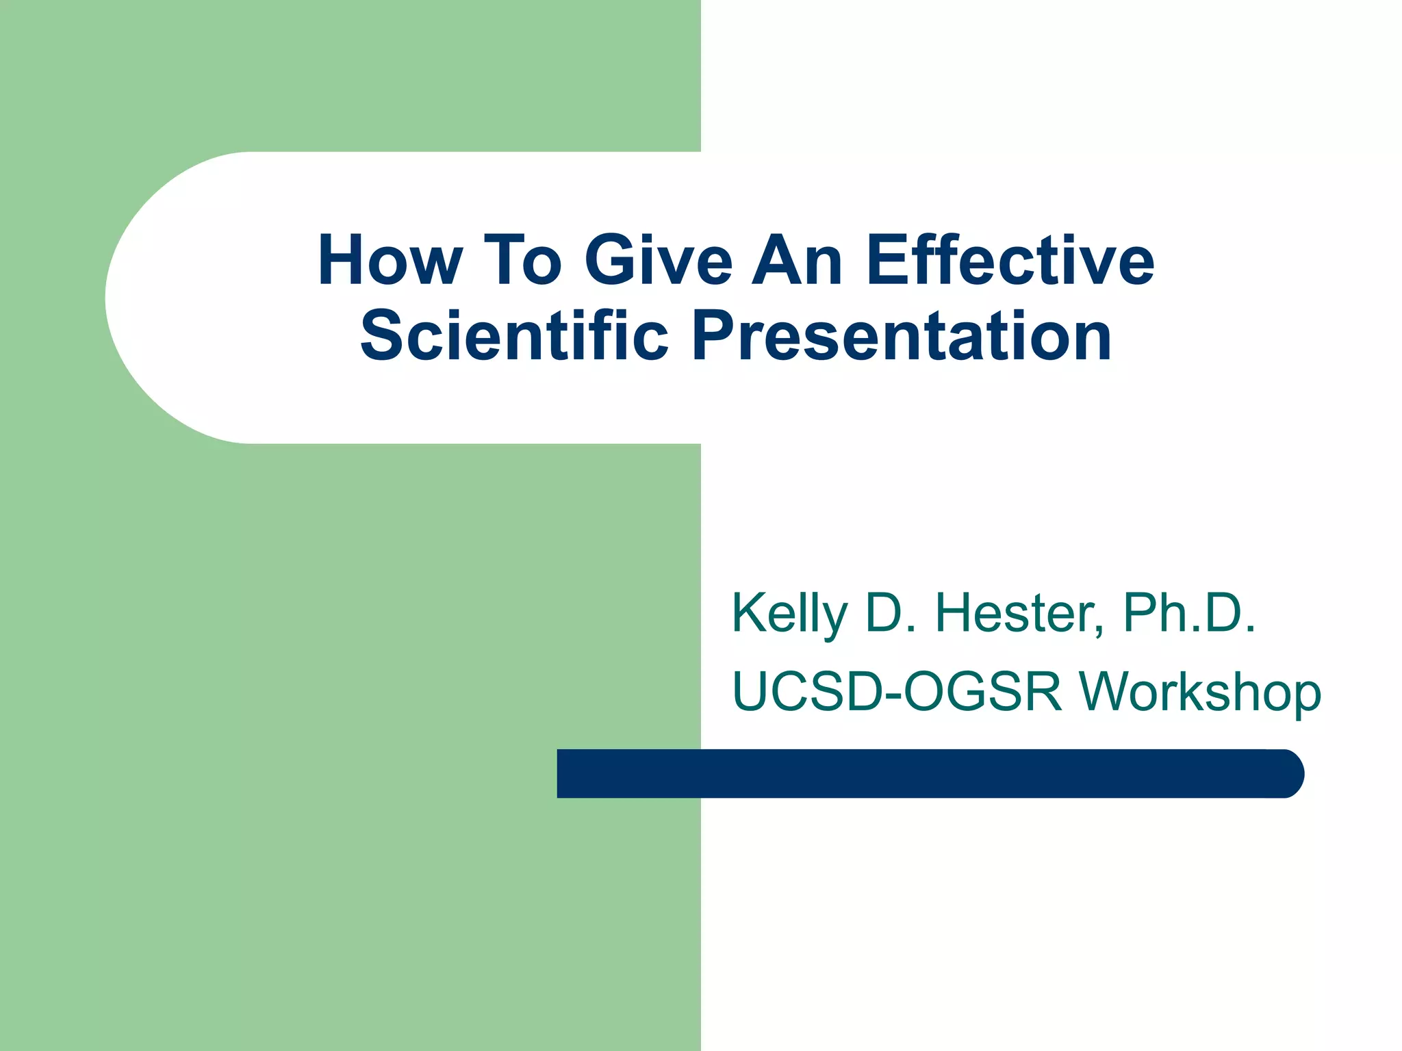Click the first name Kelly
[x=789, y=614]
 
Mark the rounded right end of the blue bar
[x=1290, y=773]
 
